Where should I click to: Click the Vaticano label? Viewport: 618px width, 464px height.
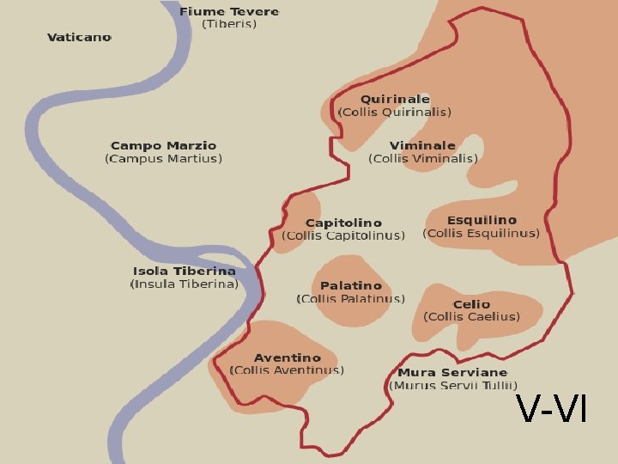click(x=79, y=38)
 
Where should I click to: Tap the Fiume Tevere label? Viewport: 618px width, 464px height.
click(x=229, y=11)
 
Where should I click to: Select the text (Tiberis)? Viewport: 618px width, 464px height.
click(x=229, y=24)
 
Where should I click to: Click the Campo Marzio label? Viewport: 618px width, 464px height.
click(x=163, y=146)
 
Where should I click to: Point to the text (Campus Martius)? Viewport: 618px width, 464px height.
click(x=163, y=159)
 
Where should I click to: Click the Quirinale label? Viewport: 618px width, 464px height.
click(x=395, y=100)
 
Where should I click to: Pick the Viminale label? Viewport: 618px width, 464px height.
click(x=422, y=146)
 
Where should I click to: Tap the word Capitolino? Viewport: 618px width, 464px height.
click(x=343, y=223)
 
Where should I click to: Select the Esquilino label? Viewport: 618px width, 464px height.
click(x=482, y=221)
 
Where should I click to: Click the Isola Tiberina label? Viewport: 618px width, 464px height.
click(x=184, y=272)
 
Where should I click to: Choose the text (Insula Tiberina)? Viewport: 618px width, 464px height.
click(x=184, y=284)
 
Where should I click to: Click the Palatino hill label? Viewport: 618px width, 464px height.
click(x=350, y=286)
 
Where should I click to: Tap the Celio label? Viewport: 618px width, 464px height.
click(x=471, y=304)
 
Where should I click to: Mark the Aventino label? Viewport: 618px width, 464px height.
click(x=288, y=357)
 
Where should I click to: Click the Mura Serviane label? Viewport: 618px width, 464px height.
click(x=452, y=373)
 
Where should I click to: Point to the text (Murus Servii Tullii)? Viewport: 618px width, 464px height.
click(x=454, y=386)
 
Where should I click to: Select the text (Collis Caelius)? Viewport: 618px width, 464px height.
click(x=472, y=317)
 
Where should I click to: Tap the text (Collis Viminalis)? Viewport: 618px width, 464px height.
click(x=423, y=159)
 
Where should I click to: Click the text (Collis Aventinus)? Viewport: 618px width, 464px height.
click(x=288, y=370)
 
